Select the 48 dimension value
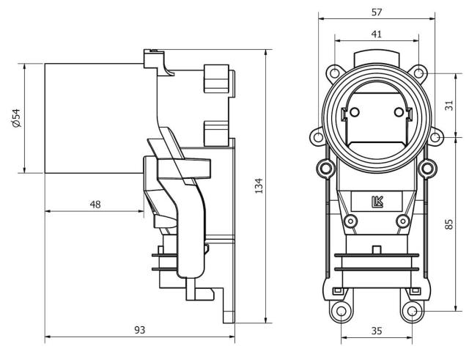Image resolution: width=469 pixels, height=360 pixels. pyautogui.click(x=95, y=204)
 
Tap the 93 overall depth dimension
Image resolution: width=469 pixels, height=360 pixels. pyautogui.click(x=139, y=331)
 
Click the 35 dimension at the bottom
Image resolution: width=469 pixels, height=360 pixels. pyautogui.click(x=377, y=331)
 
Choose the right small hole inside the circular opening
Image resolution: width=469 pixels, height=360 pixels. pyautogui.click(x=399, y=112)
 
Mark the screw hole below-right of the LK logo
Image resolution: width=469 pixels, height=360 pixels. pyautogui.click(x=402, y=221)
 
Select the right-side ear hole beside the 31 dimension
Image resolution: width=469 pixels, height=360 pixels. pyautogui.click(x=435, y=137)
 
